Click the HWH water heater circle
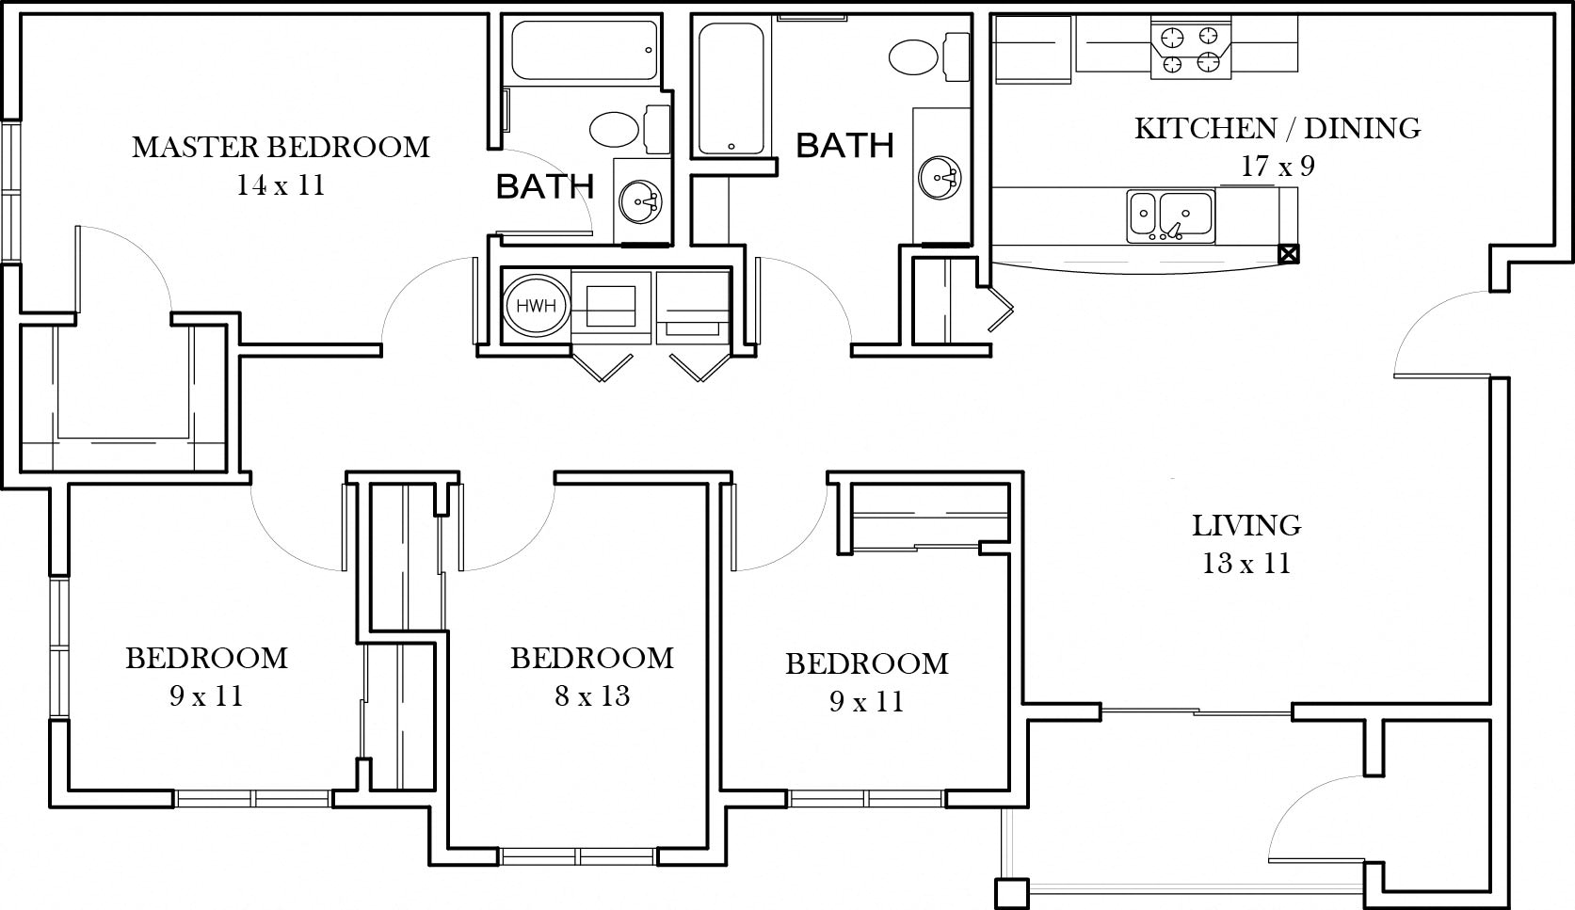[535, 306]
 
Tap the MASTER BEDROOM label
[281, 147]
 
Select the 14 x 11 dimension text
[281, 185]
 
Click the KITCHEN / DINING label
[1278, 128]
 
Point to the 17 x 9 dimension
[1278, 167]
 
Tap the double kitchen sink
[1171, 216]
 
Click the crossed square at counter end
[1289, 253]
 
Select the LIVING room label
[1246, 525]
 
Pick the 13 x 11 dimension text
[1246, 564]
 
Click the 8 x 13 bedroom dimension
[591, 696]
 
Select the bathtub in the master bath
[584, 50]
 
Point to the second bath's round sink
[940, 176]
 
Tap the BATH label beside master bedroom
[545, 186]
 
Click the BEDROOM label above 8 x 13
[592, 658]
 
